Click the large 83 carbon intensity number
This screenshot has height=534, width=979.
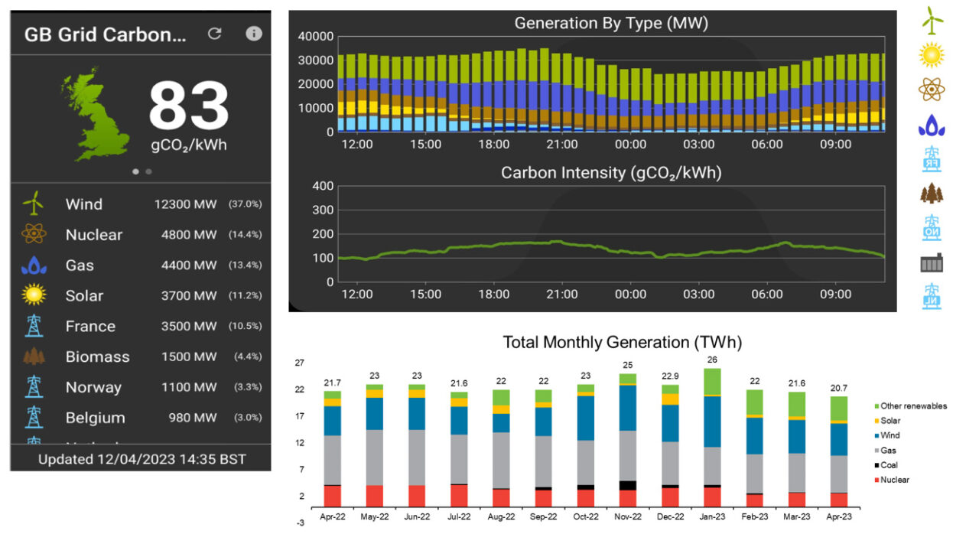[188, 107]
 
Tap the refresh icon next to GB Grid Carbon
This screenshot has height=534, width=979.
[215, 34]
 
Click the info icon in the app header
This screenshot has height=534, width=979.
[254, 34]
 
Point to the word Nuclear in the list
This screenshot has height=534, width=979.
[93, 235]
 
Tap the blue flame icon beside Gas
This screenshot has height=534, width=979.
[33, 265]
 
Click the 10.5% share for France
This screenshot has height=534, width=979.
[245, 326]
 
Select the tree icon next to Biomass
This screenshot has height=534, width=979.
[33, 357]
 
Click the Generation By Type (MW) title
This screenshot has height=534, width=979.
[611, 23]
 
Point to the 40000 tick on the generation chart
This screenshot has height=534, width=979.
[315, 37]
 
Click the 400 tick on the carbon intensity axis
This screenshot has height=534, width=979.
[324, 186]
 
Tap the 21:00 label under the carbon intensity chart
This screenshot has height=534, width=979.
[561, 294]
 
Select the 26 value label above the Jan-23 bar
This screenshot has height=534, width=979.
[712, 360]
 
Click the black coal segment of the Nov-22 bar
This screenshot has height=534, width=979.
[627, 485]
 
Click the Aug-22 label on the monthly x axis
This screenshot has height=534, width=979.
[501, 516]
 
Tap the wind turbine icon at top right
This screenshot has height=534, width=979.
[931, 21]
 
